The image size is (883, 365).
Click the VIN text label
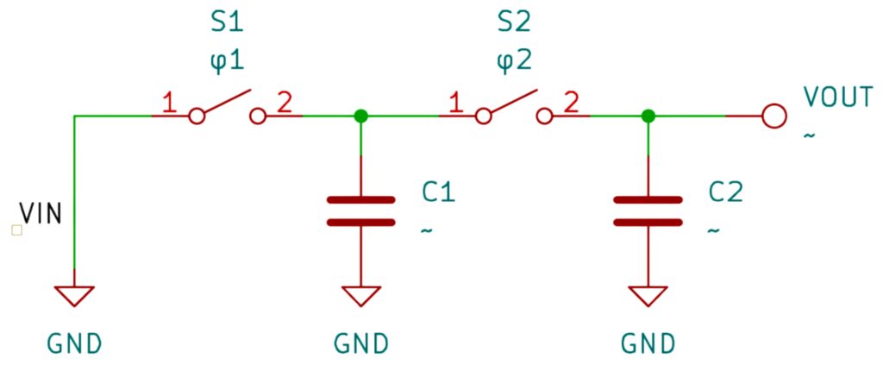40,213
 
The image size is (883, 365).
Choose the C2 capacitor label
726,192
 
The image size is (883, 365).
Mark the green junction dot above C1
361,116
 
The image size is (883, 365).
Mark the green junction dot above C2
648,116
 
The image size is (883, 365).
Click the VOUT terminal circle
773,116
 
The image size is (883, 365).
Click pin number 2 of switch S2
571,104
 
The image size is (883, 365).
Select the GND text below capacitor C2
648,343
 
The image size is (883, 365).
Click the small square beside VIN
17,230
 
